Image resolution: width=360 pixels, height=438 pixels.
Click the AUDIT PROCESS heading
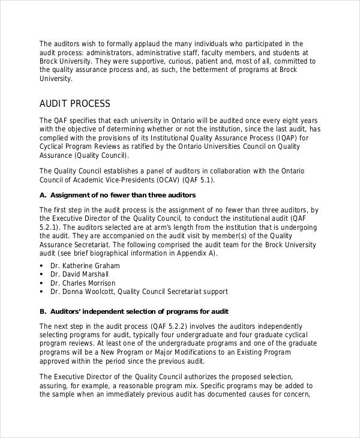click(x=75, y=103)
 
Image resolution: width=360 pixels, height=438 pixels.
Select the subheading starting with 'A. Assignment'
click(x=118, y=196)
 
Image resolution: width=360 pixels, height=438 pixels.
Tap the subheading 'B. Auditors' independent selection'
click(x=134, y=311)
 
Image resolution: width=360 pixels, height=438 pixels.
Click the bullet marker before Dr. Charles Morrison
click(x=42, y=283)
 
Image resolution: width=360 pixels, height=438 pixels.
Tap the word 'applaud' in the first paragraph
click(x=136, y=44)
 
